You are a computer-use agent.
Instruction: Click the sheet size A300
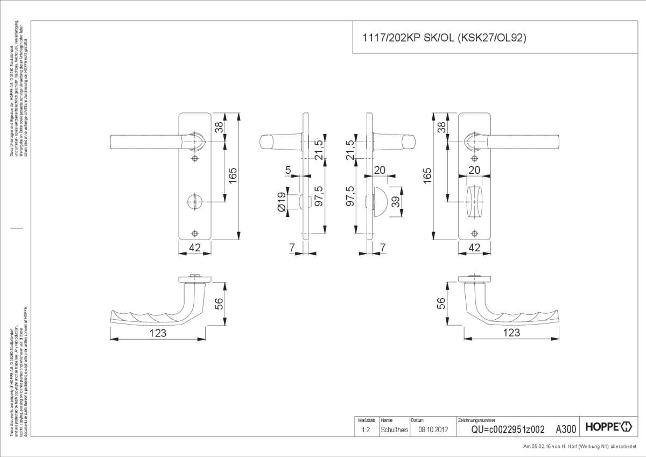[x=566, y=429]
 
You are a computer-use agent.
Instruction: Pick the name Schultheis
[x=395, y=430]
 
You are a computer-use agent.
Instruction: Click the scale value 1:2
[x=366, y=430]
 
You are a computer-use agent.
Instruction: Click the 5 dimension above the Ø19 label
[x=288, y=171]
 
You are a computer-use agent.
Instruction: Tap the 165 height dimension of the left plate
[x=232, y=175]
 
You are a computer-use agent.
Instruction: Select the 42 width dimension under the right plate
[x=474, y=248]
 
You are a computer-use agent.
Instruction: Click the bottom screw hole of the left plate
[x=195, y=233]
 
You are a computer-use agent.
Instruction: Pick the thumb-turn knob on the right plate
[x=474, y=201]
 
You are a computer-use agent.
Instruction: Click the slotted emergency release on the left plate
[x=195, y=201]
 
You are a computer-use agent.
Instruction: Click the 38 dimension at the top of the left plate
[x=219, y=128]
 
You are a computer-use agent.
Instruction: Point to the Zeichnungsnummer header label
[x=476, y=420]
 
